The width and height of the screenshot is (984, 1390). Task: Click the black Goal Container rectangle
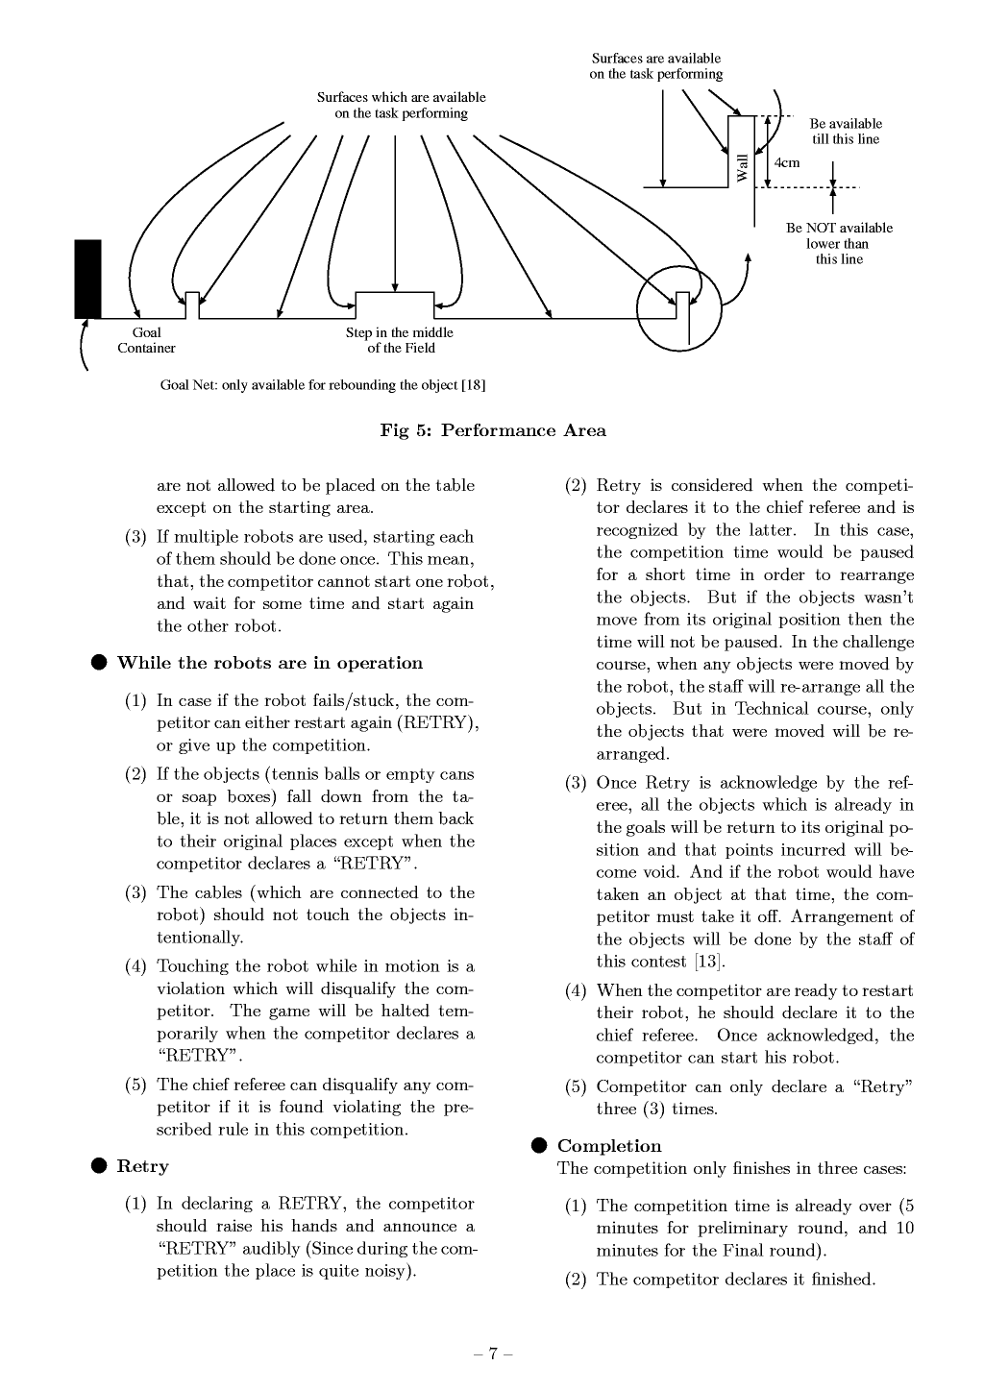click(87, 279)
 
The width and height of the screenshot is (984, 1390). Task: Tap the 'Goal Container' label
click(146, 341)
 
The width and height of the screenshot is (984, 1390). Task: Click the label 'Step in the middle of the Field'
click(400, 341)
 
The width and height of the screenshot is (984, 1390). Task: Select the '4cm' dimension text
click(787, 162)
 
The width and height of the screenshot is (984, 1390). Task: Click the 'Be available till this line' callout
click(846, 132)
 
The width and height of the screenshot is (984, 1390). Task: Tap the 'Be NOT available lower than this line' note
click(839, 243)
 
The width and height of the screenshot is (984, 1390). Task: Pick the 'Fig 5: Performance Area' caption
click(493, 430)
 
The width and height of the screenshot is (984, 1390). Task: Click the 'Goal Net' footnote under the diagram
click(323, 385)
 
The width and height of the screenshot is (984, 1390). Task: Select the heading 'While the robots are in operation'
click(269, 663)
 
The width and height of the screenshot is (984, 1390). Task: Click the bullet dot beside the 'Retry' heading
click(99, 1166)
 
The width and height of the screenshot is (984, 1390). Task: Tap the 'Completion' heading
click(609, 1146)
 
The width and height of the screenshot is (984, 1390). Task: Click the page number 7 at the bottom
click(493, 1354)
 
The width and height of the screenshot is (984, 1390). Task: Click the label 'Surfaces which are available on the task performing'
click(401, 106)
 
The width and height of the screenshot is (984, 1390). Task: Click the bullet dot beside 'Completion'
click(539, 1146)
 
